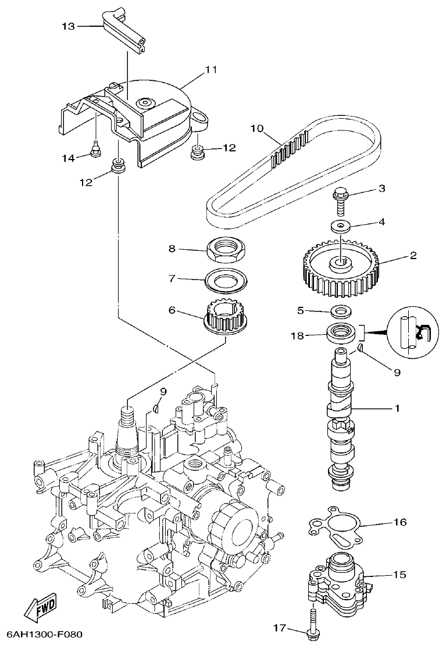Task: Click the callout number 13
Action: click(69, 26)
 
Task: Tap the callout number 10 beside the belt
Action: click(257, 128)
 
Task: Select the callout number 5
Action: click(301, 310)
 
